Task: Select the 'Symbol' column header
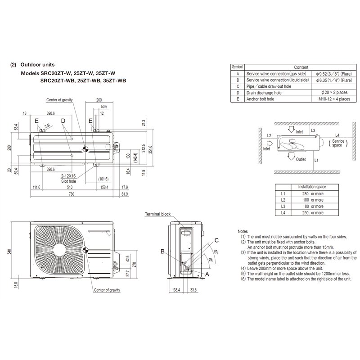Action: (237, 66)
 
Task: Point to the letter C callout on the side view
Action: (216, 240)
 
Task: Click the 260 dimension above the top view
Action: (99, 100)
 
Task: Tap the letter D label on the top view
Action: (63, 121)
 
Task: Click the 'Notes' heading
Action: (242, 231)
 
